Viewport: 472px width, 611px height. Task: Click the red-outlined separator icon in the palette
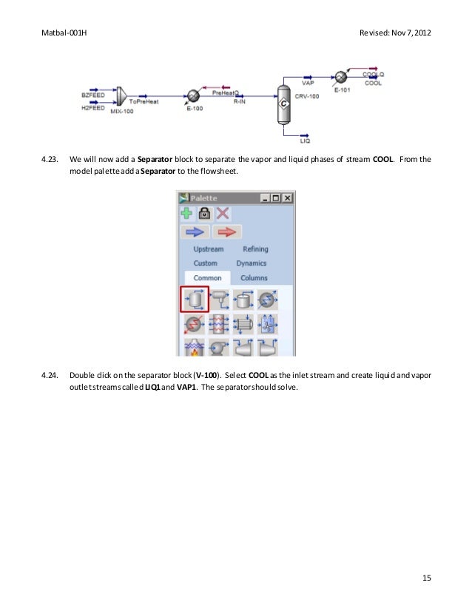(x=195, y=299)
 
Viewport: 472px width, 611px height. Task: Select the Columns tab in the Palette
(x=254, y=278)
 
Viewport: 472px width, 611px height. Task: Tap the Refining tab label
(x=255, y=249)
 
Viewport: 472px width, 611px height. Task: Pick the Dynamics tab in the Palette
(x=252, y=263)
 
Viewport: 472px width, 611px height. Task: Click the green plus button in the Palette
(x=187, y=213)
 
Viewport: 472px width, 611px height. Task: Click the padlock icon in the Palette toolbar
(x=205, y=213)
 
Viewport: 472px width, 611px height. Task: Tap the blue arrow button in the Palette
(x=198, y=232)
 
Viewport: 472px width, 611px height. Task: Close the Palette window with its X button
(x=287, y=198)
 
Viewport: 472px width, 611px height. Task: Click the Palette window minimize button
(x=265, y=198)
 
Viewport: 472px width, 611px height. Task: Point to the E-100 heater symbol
(x=191, y=96)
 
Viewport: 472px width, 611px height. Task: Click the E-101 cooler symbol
(x=340, y=76)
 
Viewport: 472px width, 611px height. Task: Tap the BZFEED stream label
(x=92, y=94)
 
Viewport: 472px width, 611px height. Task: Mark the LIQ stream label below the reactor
(x=305, y=140)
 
